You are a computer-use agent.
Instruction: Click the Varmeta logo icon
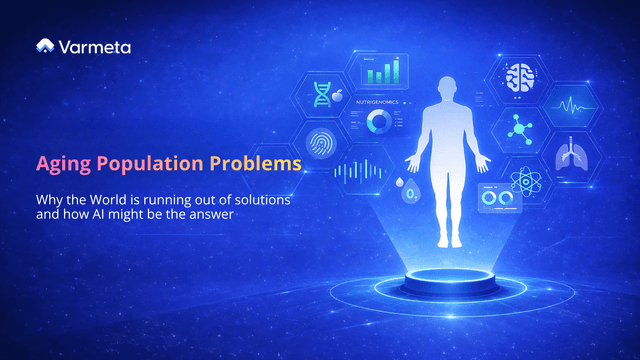coord(45,46)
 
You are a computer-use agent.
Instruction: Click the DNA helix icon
coord(323,94)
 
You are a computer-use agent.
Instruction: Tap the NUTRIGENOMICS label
coord(379,101)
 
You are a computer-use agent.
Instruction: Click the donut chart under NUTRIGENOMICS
coord(379,122)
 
